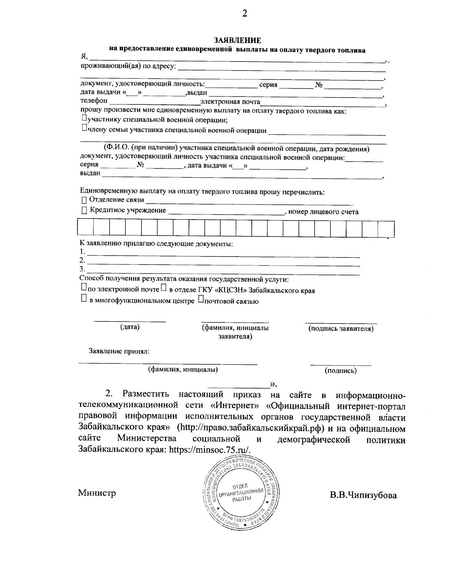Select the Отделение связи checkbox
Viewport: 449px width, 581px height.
84,201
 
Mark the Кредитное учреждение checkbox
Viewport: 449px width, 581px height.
84,211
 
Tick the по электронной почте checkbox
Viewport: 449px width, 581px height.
83,287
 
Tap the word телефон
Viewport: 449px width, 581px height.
94,101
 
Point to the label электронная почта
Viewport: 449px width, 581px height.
230,101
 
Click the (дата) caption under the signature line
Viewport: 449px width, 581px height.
130,327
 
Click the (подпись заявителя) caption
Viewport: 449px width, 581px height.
340,329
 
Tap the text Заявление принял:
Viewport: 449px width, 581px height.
119,351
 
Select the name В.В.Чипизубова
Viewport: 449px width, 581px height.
363,495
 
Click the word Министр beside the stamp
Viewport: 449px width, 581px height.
97,493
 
